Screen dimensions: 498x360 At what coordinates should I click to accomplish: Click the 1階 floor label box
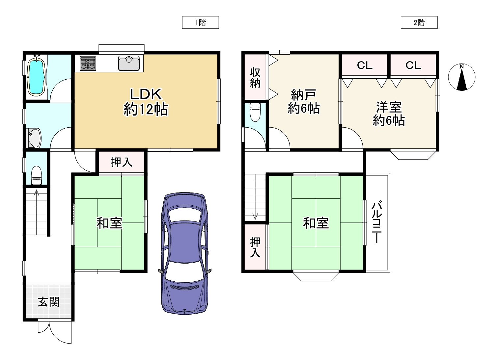[x=200, y=22]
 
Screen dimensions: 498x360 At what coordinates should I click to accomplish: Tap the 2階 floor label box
[x=419, y=22]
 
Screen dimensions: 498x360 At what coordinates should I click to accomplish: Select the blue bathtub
[x=36, y=75]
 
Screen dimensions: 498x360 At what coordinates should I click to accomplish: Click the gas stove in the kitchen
[x=88, y=64]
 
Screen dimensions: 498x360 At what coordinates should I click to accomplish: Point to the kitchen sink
[x=129, y=63]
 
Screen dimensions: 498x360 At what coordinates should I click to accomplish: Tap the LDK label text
[x=146, y=94]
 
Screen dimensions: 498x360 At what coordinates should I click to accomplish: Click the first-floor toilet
[x=36, y=175]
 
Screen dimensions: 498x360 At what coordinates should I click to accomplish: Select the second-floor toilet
[x=255, y=112]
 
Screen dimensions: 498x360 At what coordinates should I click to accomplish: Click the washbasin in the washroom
[x=34, y=138]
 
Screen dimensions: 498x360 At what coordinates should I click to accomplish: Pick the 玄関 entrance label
[x=49, y=302]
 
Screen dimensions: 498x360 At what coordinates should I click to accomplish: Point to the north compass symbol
[x=462, y=77]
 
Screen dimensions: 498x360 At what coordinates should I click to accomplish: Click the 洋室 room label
[x=389, y=107]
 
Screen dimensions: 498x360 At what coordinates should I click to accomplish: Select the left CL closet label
[x=365, y=65]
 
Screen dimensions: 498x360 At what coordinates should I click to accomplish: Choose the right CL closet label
[x=413, y=65]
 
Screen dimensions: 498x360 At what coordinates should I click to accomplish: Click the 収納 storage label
[x=255, y=78]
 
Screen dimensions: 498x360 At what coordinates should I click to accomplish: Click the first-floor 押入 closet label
[x=122, y=162]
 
